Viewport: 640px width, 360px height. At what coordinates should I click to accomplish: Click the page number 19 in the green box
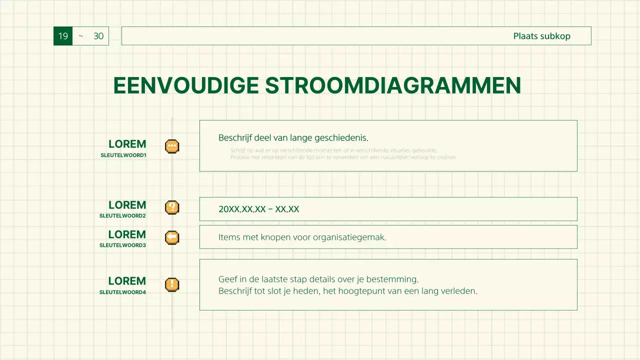(63, 36)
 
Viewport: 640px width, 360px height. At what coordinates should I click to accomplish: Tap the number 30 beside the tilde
(98, 36)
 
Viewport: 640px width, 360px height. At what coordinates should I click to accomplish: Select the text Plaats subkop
(541, 36)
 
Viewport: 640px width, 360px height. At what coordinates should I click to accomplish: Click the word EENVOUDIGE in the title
(186, 85)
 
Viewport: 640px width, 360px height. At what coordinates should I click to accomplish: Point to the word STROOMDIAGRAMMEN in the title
(393, 85)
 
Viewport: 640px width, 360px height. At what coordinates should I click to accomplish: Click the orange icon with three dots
(172, 146)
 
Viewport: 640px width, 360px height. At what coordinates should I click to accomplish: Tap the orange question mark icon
(172, 207)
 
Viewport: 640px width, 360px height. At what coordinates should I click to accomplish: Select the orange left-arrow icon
(172, 237)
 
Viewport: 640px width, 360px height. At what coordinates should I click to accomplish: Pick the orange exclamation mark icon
(172, 284)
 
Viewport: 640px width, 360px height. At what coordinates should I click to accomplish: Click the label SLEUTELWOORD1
(123, 155)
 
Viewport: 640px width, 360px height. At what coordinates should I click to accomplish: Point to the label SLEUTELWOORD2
(122, 216)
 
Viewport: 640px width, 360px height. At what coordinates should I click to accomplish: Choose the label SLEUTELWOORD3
(122, 245)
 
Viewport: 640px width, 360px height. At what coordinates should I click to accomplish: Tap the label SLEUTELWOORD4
(122, 292)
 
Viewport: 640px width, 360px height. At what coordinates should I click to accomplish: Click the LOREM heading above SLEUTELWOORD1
(127, 144)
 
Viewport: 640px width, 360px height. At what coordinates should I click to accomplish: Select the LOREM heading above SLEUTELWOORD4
(127, 281)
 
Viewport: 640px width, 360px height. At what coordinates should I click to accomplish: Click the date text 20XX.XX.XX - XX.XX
(258, 209)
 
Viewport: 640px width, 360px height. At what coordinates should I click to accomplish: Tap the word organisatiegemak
(349, 237)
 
